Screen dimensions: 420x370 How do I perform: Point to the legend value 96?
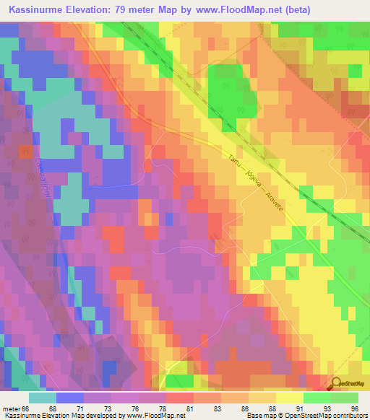click(x=354, y=408)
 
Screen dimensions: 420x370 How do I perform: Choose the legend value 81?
click(x=189, y=408)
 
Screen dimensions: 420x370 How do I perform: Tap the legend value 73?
click(x=107, y=408)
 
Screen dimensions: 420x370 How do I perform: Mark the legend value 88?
click(x=272, y=408)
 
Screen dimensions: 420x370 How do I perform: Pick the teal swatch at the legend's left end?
click(x=43, y=398)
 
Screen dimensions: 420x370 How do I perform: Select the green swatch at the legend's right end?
click(x=345, y=398)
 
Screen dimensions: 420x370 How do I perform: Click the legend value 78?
click(x=162, y=408)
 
